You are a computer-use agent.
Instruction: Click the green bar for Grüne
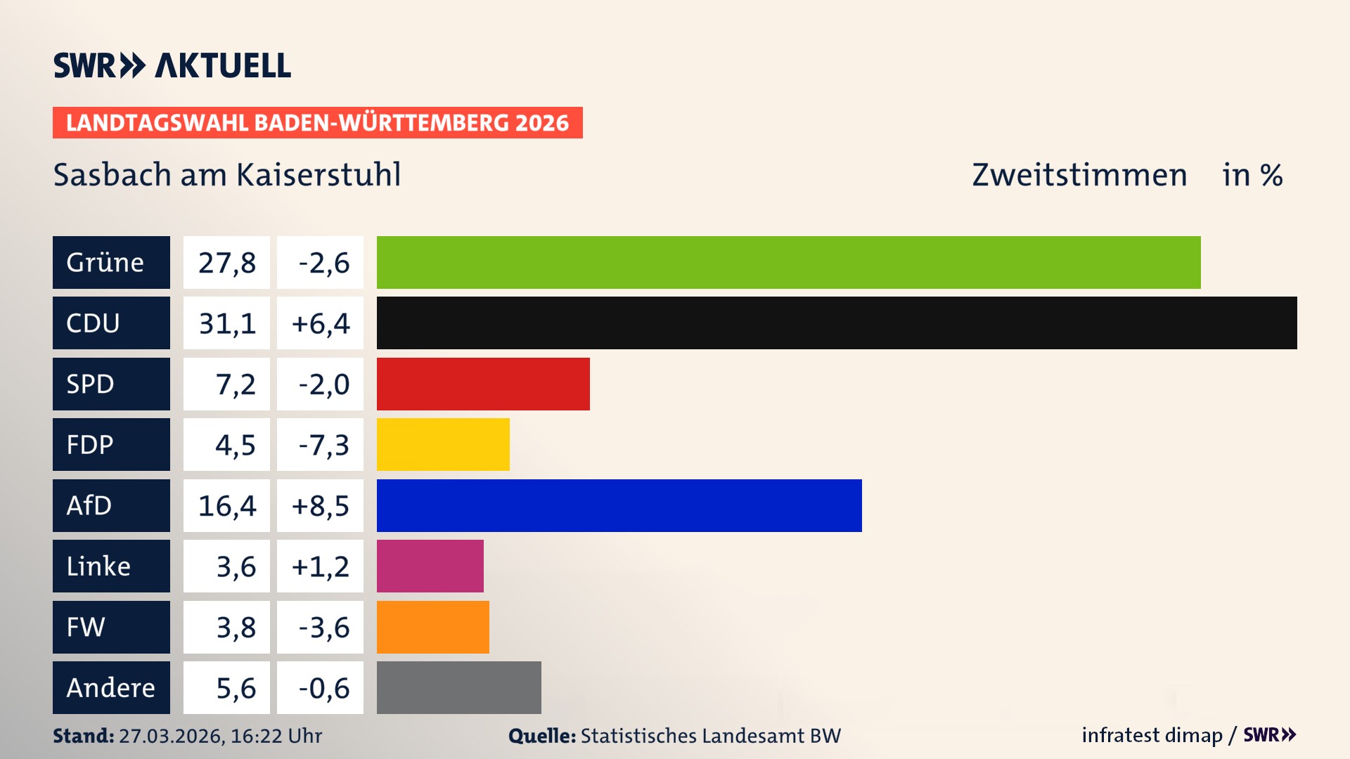coord(788,262)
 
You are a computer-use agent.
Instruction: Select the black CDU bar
coord(837,323)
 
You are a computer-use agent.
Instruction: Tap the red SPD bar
coord(483,384)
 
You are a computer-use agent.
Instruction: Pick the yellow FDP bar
coord(443,444)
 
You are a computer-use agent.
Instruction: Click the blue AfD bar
coord(619,505)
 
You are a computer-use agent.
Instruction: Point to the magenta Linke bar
coord(430,566)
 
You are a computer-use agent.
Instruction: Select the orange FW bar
coord(433,627)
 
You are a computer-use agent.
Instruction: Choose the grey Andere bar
coord(459,687)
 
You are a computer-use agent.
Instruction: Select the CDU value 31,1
coord(226,323)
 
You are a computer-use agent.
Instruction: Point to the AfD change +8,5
coord(321,505)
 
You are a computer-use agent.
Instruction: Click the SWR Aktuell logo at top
coord(172,65)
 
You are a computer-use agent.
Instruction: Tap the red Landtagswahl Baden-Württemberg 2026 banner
coord(317,122)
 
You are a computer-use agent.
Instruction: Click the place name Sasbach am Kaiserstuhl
coord(227,174)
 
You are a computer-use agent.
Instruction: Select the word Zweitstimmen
coord(1079,174)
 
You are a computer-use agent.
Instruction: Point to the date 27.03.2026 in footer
coord(171,736)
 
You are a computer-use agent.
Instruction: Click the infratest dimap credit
coord(1152,735)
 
